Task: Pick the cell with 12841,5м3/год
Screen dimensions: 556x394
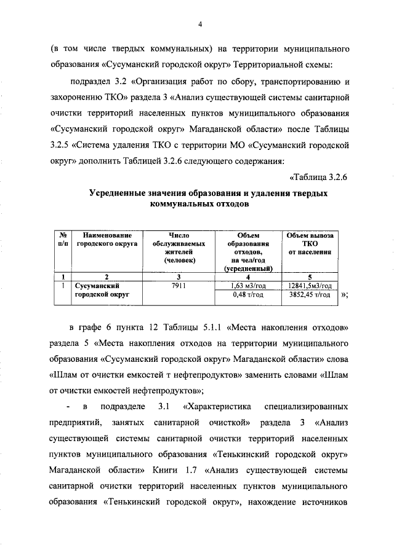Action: click(x=310, y=286)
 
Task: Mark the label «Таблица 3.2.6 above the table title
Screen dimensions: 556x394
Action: click(x=319, y=178)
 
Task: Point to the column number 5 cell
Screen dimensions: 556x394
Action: click(x=310, y=276)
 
